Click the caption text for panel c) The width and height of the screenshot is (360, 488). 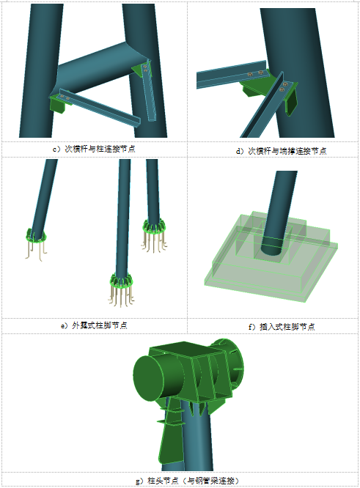tap(94, 149)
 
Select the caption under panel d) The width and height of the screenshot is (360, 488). tap(282, 151)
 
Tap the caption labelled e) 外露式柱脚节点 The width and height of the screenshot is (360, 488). tap(94, 325)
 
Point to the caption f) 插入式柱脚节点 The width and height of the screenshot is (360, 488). tap(282, 327)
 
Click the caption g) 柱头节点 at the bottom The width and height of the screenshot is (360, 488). tap(188, 480)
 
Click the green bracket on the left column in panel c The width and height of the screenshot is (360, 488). tap(58, 103)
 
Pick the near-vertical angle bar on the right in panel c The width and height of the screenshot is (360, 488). tap(150, 90)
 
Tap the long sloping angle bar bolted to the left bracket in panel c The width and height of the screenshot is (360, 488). tap(100, 108)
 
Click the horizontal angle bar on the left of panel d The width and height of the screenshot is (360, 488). tap(231, 75)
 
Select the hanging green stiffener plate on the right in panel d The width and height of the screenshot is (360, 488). tap(291, 103)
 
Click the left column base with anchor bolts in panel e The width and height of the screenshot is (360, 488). tap(35, 243)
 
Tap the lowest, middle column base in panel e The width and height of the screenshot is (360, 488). tap(121, 288)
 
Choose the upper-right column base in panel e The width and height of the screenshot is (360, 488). tap(154, 234)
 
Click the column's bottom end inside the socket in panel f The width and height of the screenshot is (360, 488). tap(271, 248)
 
